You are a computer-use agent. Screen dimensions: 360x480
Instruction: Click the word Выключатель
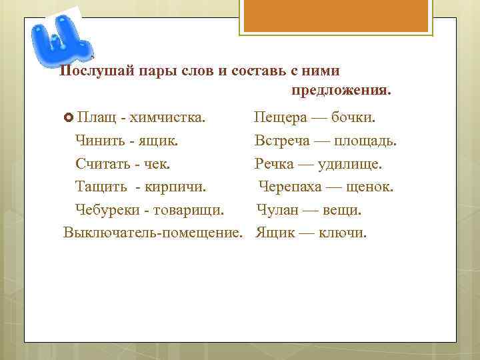point(108,233)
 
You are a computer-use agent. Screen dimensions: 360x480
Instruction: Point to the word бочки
point(353,118)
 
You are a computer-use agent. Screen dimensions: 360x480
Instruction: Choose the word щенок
point(367,187)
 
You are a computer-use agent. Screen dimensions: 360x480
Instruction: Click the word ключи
point(343,233)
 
